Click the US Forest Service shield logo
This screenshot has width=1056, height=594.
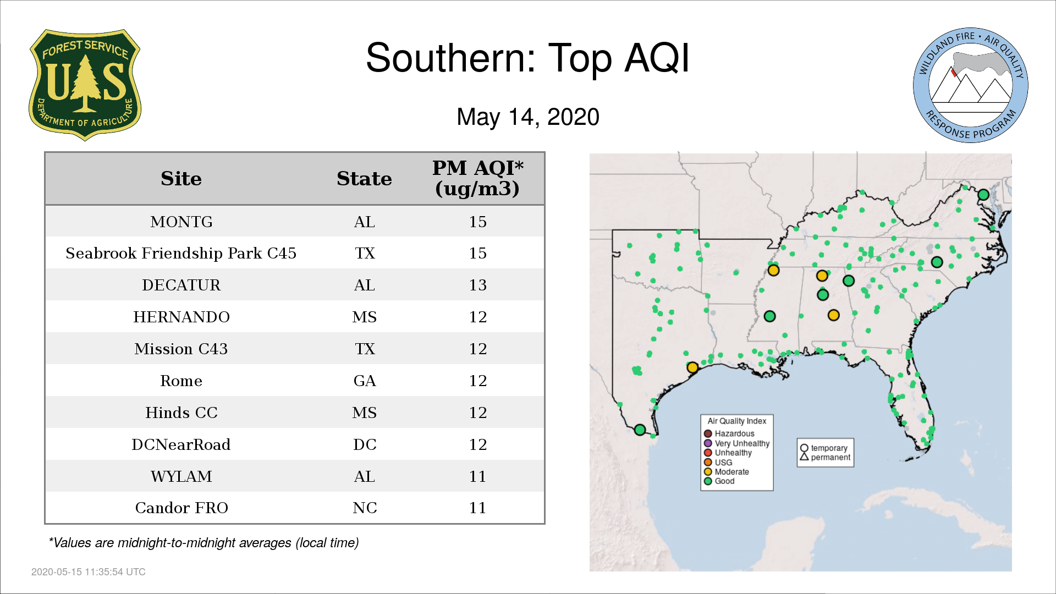tap(85, 85)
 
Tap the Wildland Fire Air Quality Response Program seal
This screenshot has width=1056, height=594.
tap(971, 85)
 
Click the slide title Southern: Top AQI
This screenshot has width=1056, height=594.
tap(527, 58)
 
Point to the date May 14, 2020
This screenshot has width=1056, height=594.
tap(528, 117)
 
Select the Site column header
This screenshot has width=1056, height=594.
tap(181, 178)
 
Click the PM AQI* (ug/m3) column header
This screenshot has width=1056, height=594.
tap(477, 178)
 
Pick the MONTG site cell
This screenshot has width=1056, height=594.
tap(182, 222)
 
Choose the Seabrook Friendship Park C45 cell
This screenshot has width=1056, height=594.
tap(181, 253)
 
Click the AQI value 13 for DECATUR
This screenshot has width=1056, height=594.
tap(477, 285)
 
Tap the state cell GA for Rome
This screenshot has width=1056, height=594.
tap(365, 381)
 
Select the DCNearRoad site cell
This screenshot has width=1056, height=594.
tap(181, 444)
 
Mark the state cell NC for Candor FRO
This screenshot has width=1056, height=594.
tap(365, 508)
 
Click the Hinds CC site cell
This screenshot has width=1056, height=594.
tap(182, 413)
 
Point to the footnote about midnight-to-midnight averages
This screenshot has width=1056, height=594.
tap(204, 543)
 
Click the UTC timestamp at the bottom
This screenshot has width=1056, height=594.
tap(89, 572)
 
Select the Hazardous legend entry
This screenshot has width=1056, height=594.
tap(729, 433)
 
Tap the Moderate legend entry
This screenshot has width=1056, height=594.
tap(727, 471)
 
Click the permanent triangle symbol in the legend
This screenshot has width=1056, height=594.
tap(804, 457)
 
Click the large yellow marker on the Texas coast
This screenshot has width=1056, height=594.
tap(692, 367)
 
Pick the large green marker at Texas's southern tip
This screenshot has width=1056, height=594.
tap(640, 430)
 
